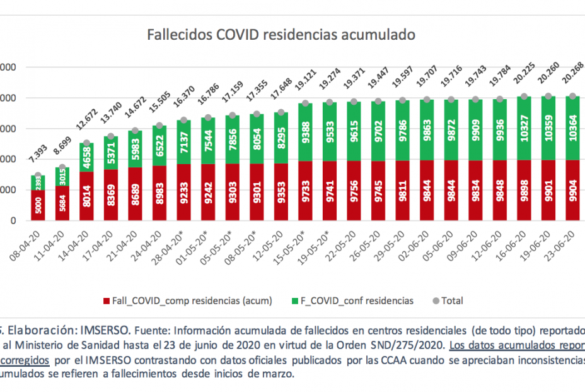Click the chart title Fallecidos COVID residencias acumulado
(x=281, y=34)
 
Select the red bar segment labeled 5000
(x=38, y=206)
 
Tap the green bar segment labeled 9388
(x=304, y=133)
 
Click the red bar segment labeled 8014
(x=87, y=196)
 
